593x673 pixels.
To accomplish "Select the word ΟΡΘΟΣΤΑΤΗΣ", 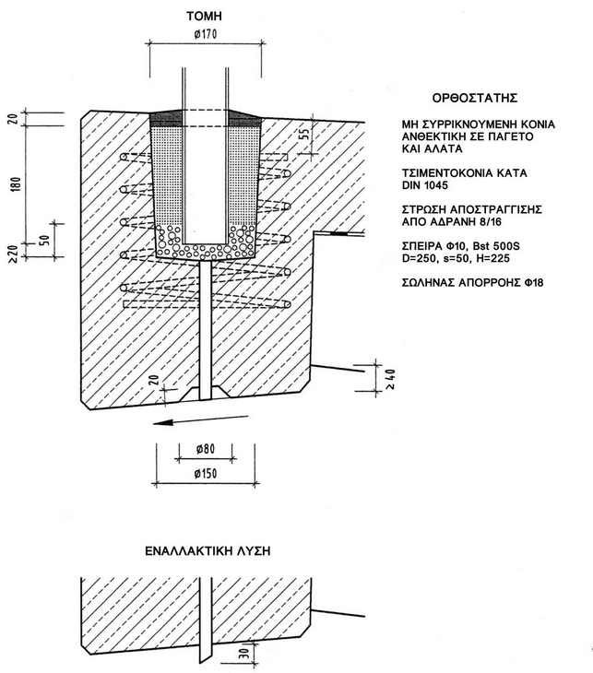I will [x=474, y=97].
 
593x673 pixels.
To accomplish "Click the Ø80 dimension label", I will [x=206, y=450].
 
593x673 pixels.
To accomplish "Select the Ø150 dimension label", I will [x=206, y=473].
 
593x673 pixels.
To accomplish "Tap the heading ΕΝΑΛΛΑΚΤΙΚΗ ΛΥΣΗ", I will [x=207, y=550].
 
